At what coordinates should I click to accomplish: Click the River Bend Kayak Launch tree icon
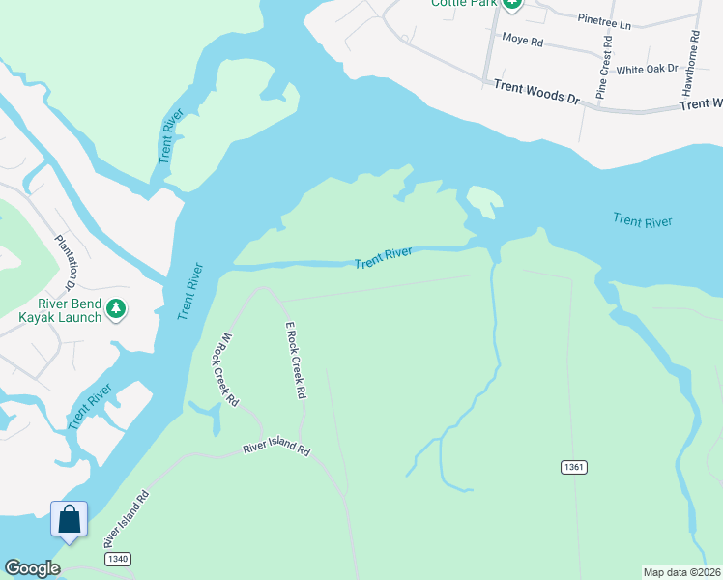(x=116, y=309)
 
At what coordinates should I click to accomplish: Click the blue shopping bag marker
(x=70, y=520)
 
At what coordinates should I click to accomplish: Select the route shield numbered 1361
(x=573, y=467)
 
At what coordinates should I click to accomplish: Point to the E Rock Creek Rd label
(x=295, y=361)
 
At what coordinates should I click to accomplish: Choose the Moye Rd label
(x=524, y=40)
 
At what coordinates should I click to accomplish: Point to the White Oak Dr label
(x=649, y=70)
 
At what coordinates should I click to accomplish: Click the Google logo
(x=33, y=569)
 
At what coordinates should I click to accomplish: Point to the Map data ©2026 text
(x=681, y=572)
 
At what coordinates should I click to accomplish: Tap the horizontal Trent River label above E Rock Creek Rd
(x=383, y=258)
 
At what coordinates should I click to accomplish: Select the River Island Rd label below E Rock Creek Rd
(x=276, y=449)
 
